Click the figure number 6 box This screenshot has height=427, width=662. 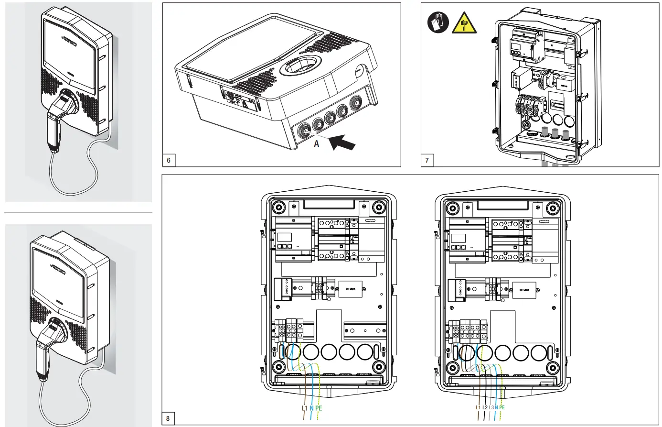(x=169, y=160)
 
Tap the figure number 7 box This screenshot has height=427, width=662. (x=427, y=160)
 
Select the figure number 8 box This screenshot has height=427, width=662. (x=168, y=419)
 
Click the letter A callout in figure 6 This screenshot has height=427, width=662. (x=316, y=143)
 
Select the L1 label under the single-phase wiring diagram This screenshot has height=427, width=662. (x=305, y=408)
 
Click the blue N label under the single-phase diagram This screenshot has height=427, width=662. (x=311, y=408)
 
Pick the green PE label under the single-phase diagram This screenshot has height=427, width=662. (x=319, y=408)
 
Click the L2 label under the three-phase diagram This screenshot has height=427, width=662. (x=485, y=407)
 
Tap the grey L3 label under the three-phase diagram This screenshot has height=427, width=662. (x=491, y=407)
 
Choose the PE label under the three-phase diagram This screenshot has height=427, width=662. (x=502, y=407)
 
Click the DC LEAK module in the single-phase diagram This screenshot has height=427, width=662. (x=351, y=289)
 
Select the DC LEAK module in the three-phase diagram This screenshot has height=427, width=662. (x=524, y=290)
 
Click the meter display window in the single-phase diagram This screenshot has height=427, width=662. (x=285, y=237)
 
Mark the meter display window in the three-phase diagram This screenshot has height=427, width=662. (x=459, y=237)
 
